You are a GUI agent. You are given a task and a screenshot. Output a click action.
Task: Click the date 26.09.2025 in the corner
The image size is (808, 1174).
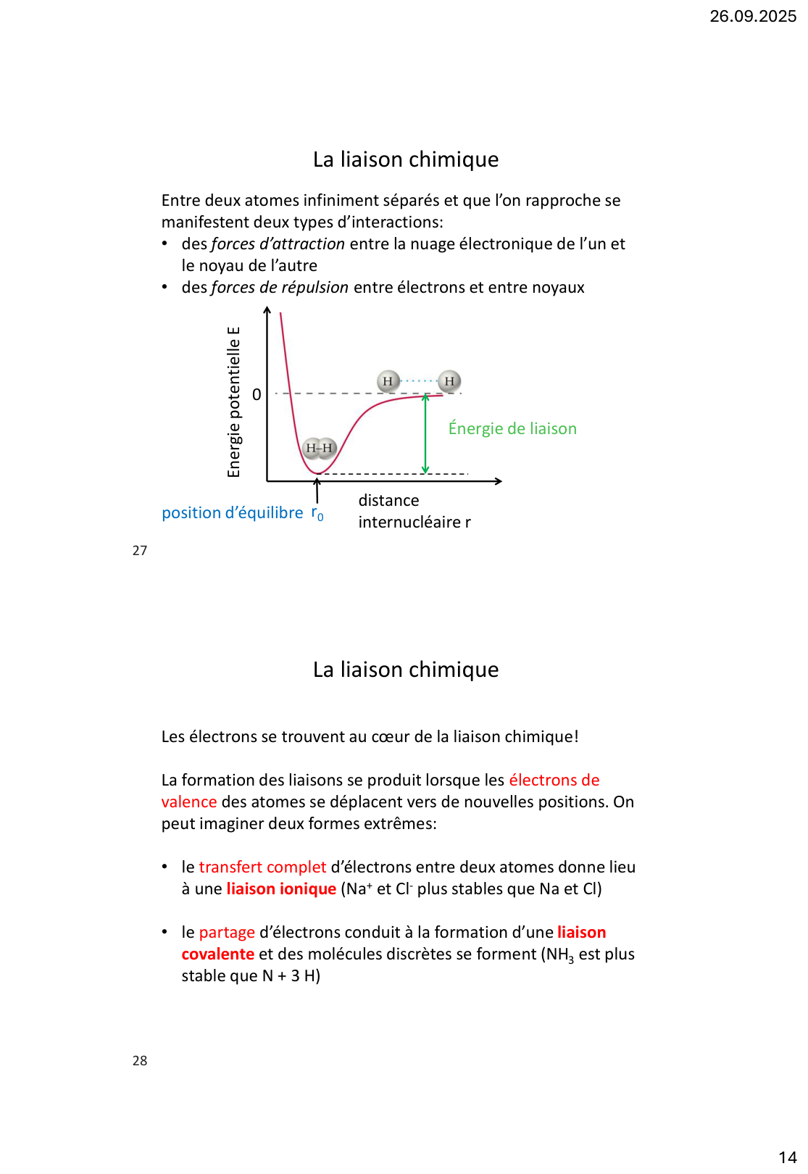[x=752, y=16]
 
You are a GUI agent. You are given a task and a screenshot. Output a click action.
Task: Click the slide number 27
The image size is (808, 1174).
[x=140, y=551]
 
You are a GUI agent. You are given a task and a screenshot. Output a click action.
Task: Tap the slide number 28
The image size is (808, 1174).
[x=140, y=1061]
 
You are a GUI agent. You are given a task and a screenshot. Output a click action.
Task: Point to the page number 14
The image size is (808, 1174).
[x=787, y=1157]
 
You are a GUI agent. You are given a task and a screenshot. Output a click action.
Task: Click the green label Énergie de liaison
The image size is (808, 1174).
[x=512, y=428]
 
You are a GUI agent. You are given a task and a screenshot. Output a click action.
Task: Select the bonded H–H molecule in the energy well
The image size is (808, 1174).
[x=319, y=448]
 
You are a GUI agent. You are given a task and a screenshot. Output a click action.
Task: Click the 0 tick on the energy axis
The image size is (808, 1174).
[x=257, y=395]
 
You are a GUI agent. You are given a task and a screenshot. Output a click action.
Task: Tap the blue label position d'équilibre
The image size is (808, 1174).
[x=232, y=513]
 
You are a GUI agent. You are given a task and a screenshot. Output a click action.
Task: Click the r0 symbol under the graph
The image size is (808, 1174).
[x=317, y=514]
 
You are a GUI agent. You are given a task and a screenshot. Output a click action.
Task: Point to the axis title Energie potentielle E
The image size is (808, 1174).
[x=233, y=402]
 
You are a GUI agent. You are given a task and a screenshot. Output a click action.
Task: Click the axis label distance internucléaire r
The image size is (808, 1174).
[x=414, y=512]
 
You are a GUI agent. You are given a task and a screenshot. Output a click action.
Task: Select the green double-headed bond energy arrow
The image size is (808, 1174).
[x=425, y=434]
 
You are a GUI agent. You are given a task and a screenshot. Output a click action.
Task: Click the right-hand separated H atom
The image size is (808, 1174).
[x=449, y=381]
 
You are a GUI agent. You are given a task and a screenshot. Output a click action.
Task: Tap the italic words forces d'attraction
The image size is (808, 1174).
[x=278, y=244]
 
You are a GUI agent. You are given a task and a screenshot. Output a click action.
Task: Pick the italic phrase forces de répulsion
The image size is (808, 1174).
[x=280, y=288]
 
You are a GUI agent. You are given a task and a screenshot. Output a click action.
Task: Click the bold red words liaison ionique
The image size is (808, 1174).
[x=281, y=889]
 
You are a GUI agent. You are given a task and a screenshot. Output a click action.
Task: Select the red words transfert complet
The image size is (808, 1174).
[x=262, y=867]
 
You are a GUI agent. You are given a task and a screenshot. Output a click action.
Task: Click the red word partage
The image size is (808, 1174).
[x=227, y=933]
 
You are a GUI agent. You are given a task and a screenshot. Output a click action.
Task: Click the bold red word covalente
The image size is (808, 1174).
[x=217, y=954]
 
